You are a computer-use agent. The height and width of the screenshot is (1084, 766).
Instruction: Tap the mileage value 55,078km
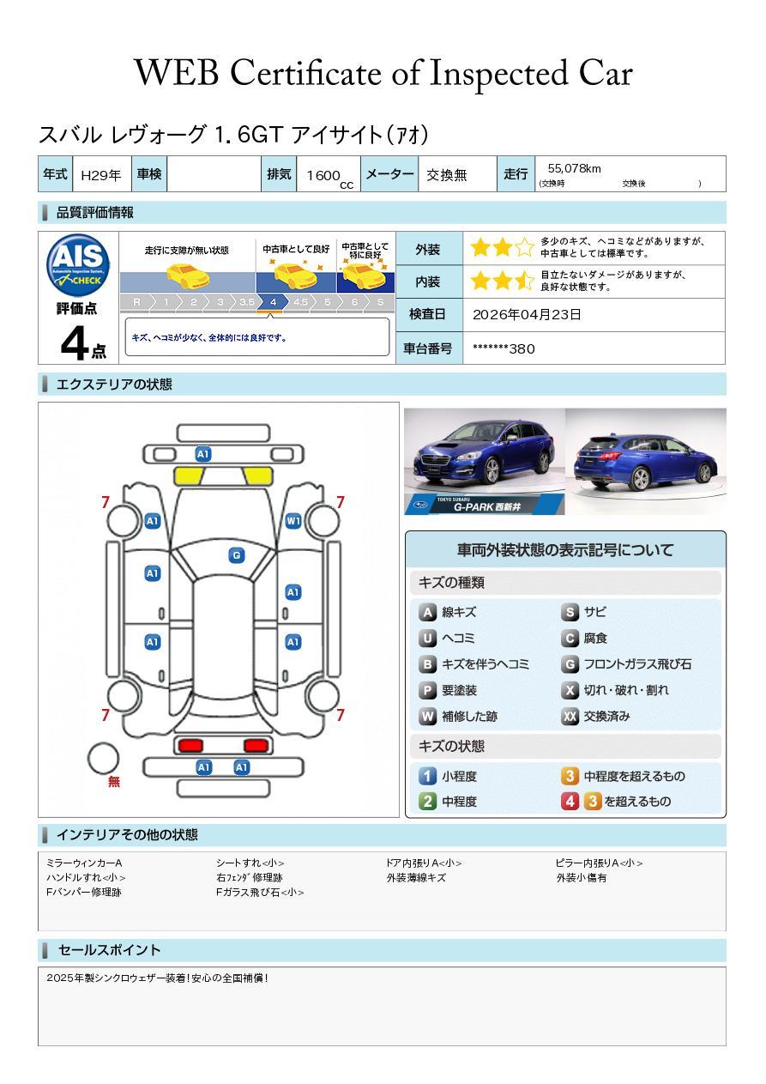click(574, 168)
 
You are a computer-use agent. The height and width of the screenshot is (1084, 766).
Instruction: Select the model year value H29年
click(100, 175)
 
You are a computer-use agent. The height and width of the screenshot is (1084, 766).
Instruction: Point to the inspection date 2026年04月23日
click(527, 315)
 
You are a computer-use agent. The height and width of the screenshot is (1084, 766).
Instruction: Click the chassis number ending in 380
click(504, 348)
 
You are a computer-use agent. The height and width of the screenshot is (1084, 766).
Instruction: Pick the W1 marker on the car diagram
click(293, 521)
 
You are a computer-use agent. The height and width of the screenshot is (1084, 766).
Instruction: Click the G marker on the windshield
click(236, 555)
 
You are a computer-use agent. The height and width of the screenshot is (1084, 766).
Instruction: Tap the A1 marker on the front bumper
click(203, 454)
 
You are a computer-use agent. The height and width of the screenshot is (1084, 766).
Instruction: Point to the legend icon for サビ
click(570, 613)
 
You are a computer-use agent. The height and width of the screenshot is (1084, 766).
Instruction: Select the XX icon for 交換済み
click(570, 716)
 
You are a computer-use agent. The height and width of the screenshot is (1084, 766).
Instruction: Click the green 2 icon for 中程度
click(427, 802)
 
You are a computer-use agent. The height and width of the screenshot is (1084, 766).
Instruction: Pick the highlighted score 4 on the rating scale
click(273, 302)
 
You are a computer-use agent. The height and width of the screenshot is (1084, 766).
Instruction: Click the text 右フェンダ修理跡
click(249, 878)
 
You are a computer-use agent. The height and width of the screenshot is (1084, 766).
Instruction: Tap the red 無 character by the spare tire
click(114, 782)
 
